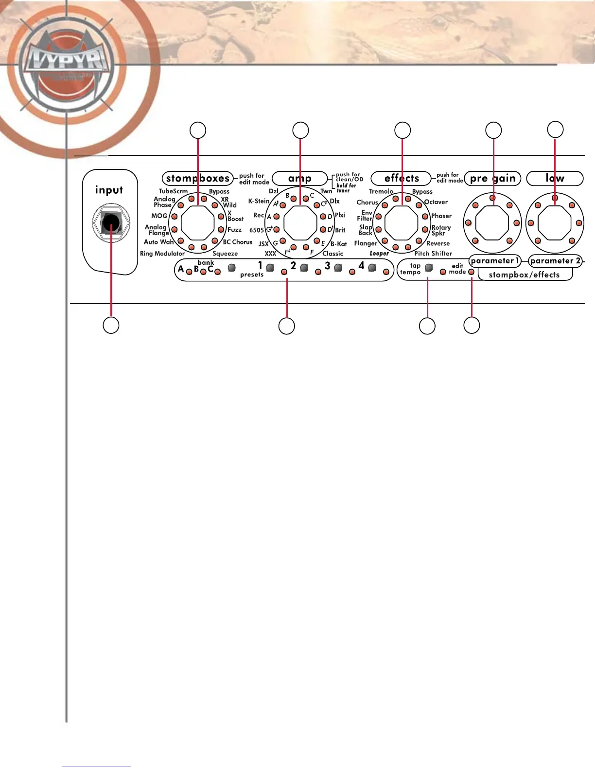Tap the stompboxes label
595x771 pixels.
click(197, 178)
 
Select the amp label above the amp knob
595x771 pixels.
click(299, 178)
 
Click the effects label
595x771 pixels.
click(402, 178)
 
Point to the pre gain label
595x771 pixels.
click(492, 179)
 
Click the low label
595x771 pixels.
click(555, 179)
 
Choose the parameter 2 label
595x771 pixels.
click(555, 261)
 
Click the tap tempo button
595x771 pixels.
click(429, 268)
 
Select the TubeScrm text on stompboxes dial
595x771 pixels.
click(173, 191)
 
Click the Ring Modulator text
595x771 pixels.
click(162, 254)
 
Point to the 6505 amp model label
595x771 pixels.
click(256, 230)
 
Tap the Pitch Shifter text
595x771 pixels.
click(433, 254)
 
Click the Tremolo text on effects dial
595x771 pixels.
click(381, 191)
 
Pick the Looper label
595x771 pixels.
click(379, 254)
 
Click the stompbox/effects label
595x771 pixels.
click(524, 275)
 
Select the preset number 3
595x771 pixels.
click(328, 266)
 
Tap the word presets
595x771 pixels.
click(252, 275)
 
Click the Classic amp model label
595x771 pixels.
click(332, 254)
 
